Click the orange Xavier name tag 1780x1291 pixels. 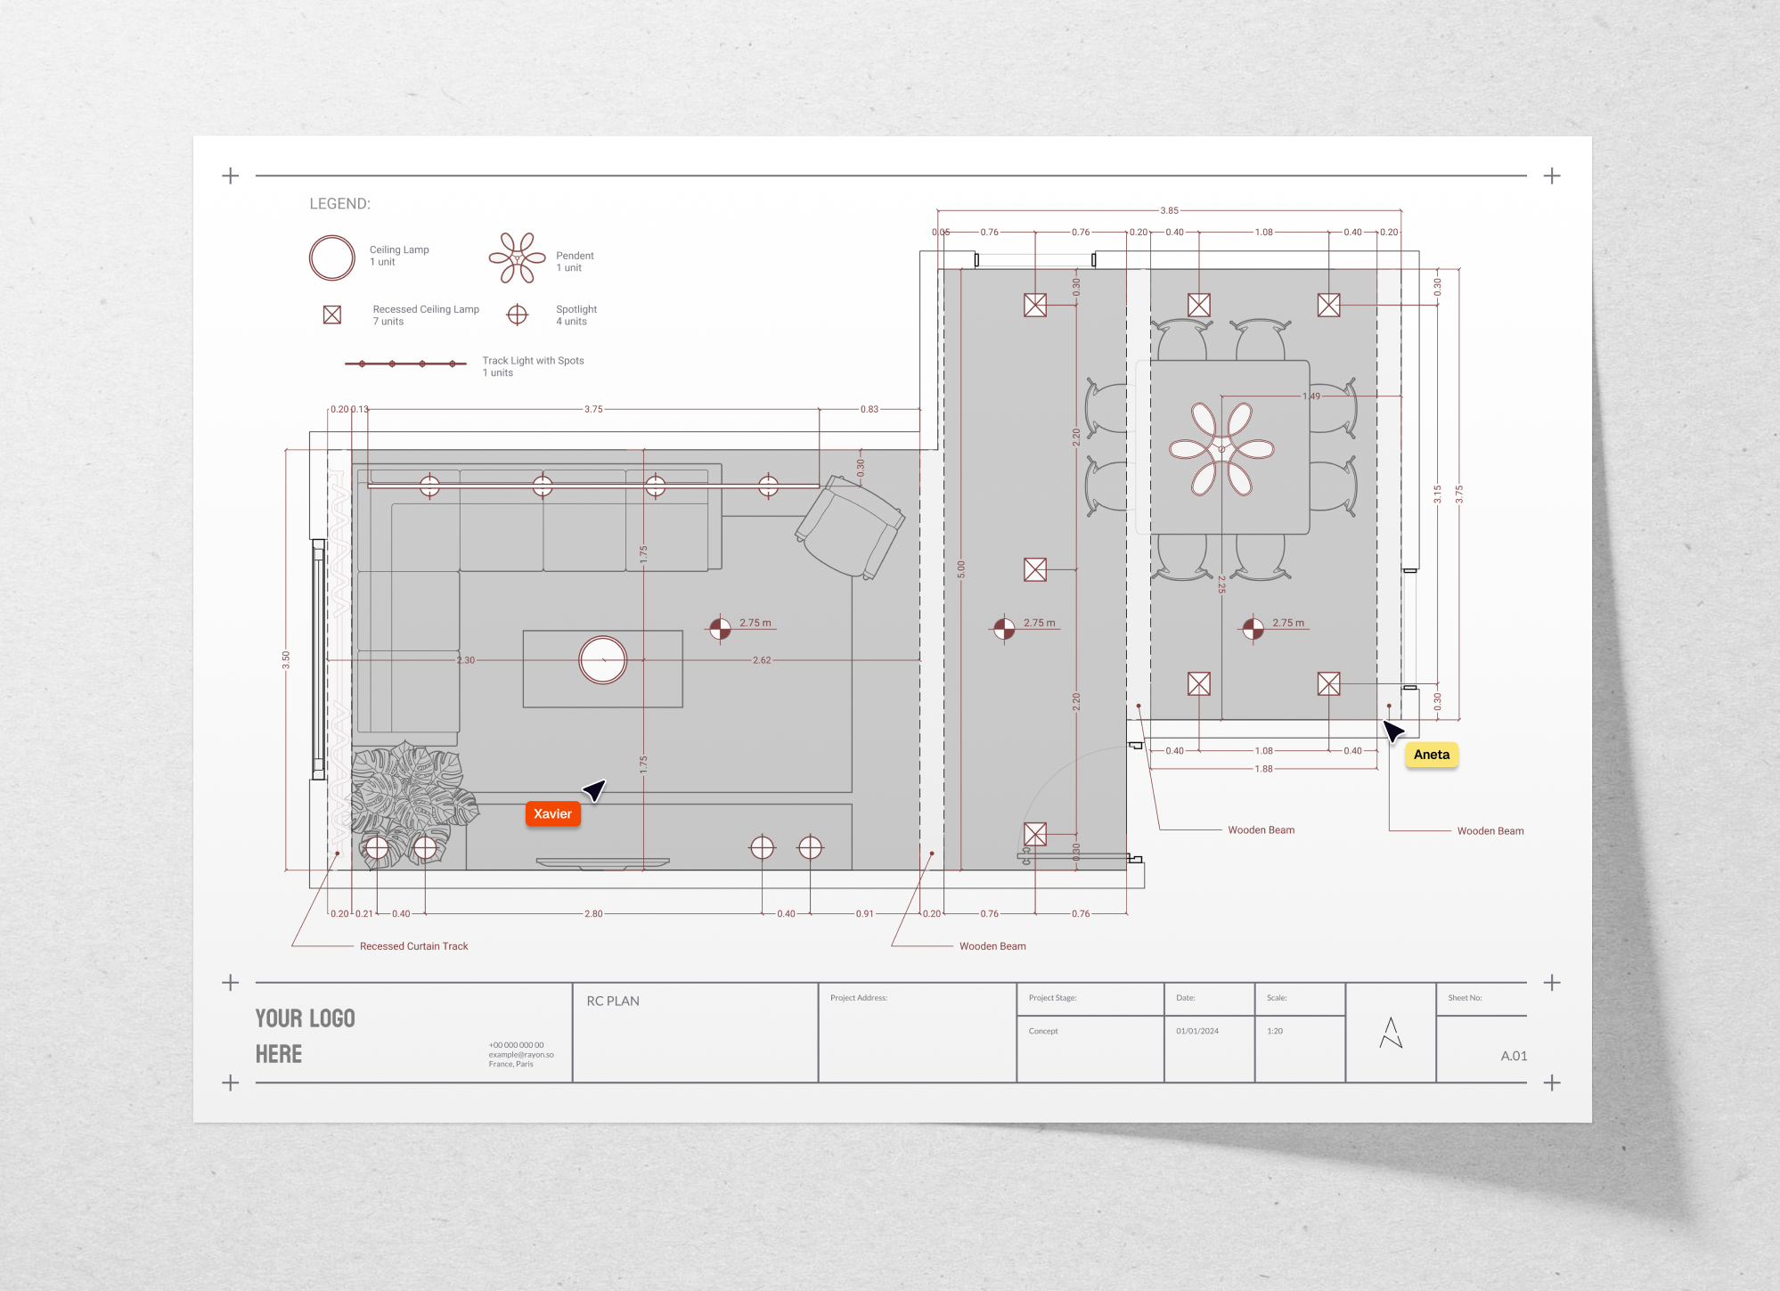(x=552, y=813)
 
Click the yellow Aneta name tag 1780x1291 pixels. (x=1431, y=755)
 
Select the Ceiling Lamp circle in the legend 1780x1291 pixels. (x=331, y=257)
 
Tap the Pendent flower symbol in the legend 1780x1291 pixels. (x=517, y=258)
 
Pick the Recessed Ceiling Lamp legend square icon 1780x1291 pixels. (x=332, y=315)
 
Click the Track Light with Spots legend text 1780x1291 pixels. (x=533, y=361)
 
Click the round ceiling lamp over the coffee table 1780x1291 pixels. (x=603, y=660)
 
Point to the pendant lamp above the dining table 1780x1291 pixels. (x=1221, y=449)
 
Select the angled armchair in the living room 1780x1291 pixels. (x=850, y=527)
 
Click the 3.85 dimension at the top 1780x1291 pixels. (x=1169, y=211)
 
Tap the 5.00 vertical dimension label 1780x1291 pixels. (x=960, y=568)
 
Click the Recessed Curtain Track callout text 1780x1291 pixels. (x=413, y=946)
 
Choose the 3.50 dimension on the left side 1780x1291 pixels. (x=286, y=659)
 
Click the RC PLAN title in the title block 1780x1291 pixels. (x=613, y=1001)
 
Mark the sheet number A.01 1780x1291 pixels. (x=1513, y=1056)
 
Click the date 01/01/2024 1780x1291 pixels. (x=1196, y=1031)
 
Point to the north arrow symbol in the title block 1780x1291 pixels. (x=1391, y=1034)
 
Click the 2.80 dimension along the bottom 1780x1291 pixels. (x=593, y=914)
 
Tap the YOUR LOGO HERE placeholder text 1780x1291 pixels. (x=305, y=1036)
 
